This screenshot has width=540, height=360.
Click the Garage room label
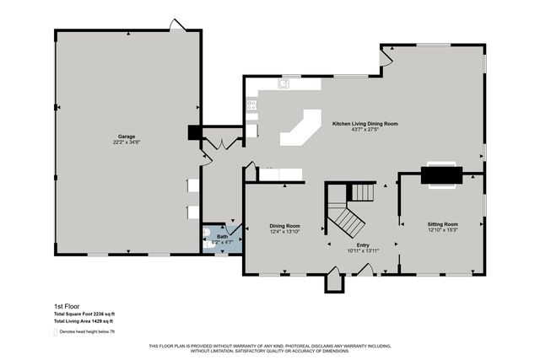pos(127,137)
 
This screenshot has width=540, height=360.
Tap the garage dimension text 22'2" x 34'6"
pos(127,142)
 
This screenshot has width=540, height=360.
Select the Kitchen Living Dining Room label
pos(364,124)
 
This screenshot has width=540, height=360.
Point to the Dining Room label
pos(284,226)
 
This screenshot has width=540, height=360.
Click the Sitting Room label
pos(442,224)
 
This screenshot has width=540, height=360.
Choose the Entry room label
pos(364,244)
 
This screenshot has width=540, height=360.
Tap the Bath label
pos(222,237)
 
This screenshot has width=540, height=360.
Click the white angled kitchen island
pos(300,127)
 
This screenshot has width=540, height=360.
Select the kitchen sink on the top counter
pos(284,83)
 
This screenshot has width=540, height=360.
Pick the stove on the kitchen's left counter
pos(251,105)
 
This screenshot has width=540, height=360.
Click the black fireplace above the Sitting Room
pos(442,175)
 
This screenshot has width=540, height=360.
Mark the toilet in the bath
pos(208,237)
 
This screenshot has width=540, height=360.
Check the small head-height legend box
pos(57,331)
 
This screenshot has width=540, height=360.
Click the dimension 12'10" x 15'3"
pos(442,230)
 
